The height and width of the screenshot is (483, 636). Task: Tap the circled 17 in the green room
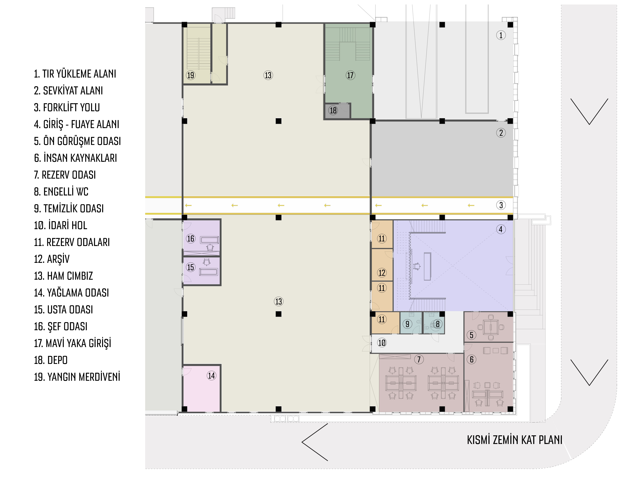(x=350, y=75)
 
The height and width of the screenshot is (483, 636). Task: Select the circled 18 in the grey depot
(x=333, y=110)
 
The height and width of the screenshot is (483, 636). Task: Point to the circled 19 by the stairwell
(x=191, y=75)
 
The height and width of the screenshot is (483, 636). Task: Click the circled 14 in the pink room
(x=211, y=376)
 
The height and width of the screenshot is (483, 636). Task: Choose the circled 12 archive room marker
(x=382, y=273)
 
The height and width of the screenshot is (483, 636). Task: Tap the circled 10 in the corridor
(x=382, y=343)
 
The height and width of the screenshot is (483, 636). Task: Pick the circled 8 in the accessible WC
(x=438, y=324)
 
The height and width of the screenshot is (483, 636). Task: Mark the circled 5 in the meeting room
(x=472, y=335)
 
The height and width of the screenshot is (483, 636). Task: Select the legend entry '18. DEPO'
(x=51, y=360)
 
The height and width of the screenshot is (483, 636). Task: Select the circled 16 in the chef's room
(x=191, y=238)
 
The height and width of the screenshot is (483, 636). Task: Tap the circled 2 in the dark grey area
(x=501, y=133)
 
